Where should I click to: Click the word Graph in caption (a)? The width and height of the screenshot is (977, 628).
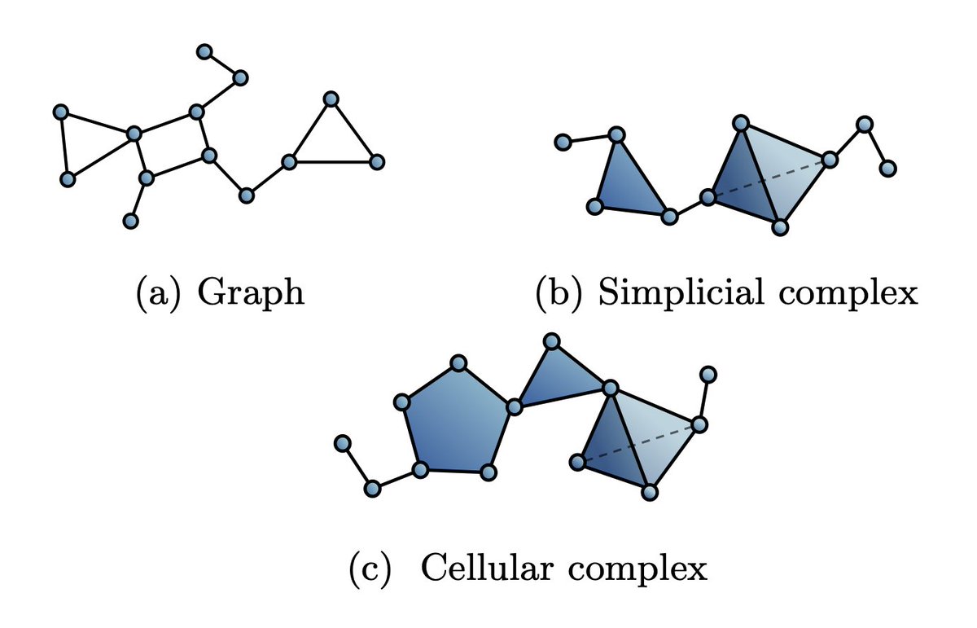[x=252, y=292]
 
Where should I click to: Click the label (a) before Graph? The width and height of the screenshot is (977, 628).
[x=155, y=292]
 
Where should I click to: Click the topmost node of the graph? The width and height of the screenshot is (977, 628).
[x=204, y=51]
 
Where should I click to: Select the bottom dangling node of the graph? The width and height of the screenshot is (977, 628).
[x=129, y=220]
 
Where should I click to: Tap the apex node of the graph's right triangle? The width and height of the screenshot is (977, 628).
[x=331, y=99]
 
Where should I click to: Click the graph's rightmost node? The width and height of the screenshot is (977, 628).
[x=376, y=162]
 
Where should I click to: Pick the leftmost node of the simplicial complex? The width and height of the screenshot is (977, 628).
[x=562, y=143]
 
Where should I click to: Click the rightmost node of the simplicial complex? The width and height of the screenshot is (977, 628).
[x=888, y=169]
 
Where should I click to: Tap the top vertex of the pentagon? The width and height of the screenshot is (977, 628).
[x=458, y=362]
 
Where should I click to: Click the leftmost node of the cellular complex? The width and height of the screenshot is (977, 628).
[x=343, y=443]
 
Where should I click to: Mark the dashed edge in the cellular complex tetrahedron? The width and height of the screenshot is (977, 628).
[x=637, y=444]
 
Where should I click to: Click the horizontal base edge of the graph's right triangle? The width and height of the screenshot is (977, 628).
[x=332, y=162]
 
